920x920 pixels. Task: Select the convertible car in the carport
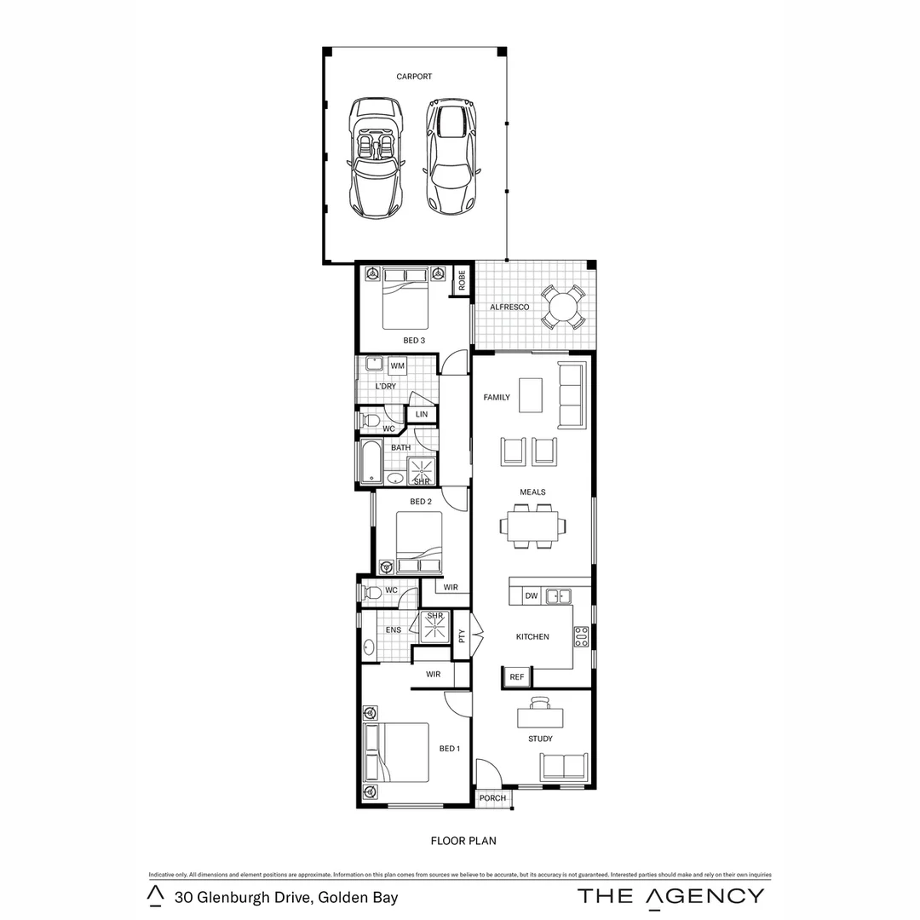pyautogui.click(x=375, y=158)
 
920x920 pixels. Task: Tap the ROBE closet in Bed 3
pyautogui.click(x=462, y=281)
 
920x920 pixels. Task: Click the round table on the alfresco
pyautogui.click(x=562, y=307)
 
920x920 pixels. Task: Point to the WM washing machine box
pyautogui.click(x=397, y=366)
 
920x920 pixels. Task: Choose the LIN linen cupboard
pyautogui.click(x=422, y=414)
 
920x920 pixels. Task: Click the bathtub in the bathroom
pyautogui.click(x=371, y=463)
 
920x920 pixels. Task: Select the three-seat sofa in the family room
pyautogui.click(x=571, y=394)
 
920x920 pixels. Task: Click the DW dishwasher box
pyautogui.click(x=530, y=596)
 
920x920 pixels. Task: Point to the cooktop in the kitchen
pyautogui.click(x=581, y=636)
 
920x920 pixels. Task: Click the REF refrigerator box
pyautogui.click(x=515, y=676)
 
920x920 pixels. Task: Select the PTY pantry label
pyautogui.click(x=462, y=636)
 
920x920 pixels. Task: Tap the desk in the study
pyautogui.click(x=540, y=718)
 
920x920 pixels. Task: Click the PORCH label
pyautogui.click(x=492, y=798)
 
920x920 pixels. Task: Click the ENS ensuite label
pyautogui.click(x=393, y=630)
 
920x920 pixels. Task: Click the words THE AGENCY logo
pyautogui.click(x=670, y=895)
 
